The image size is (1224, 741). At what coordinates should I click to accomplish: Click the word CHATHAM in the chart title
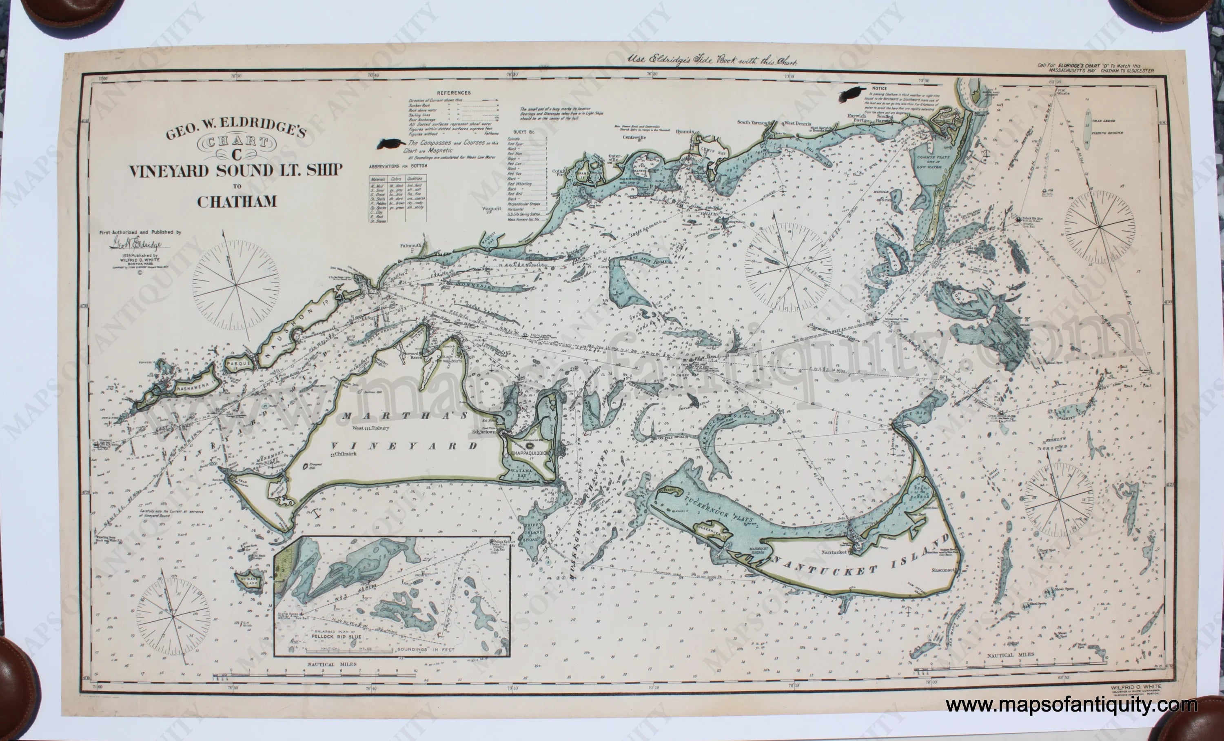[237, 202]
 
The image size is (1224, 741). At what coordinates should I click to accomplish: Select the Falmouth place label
[411, 245]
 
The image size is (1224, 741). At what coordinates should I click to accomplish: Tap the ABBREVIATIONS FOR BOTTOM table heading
[398, 166]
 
